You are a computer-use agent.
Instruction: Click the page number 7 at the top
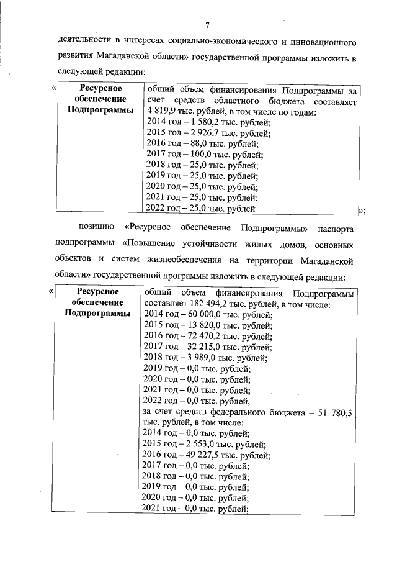208,25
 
